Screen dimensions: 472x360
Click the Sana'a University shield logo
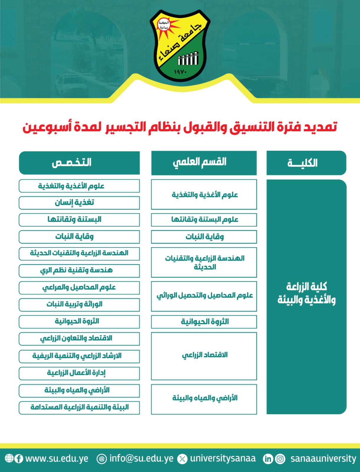click(180, 46)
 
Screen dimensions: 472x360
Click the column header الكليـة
click(306, 163)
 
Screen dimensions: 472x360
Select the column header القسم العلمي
click(204, 163)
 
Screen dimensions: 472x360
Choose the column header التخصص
click(79, 163)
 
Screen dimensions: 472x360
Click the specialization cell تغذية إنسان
click(79, 203)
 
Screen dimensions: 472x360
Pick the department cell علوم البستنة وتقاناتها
click(204, 220)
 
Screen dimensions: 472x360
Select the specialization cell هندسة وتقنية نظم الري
click(79, 271)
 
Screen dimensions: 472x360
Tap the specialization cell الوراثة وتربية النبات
click(79, 305)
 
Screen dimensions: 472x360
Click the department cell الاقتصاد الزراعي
click(204, 356)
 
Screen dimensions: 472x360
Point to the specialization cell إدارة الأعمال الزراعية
click(79, 373)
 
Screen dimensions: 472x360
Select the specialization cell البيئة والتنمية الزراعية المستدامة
click(79, 407)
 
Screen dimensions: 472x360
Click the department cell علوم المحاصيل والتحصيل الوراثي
click(204, 296)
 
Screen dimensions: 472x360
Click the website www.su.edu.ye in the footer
click(57, 459)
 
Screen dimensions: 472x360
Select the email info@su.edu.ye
click(141, 459)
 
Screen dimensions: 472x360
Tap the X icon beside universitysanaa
click(183, 459)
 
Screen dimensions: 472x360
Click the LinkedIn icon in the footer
click(268, 459)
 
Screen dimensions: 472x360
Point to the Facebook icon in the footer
click(19, 459)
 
